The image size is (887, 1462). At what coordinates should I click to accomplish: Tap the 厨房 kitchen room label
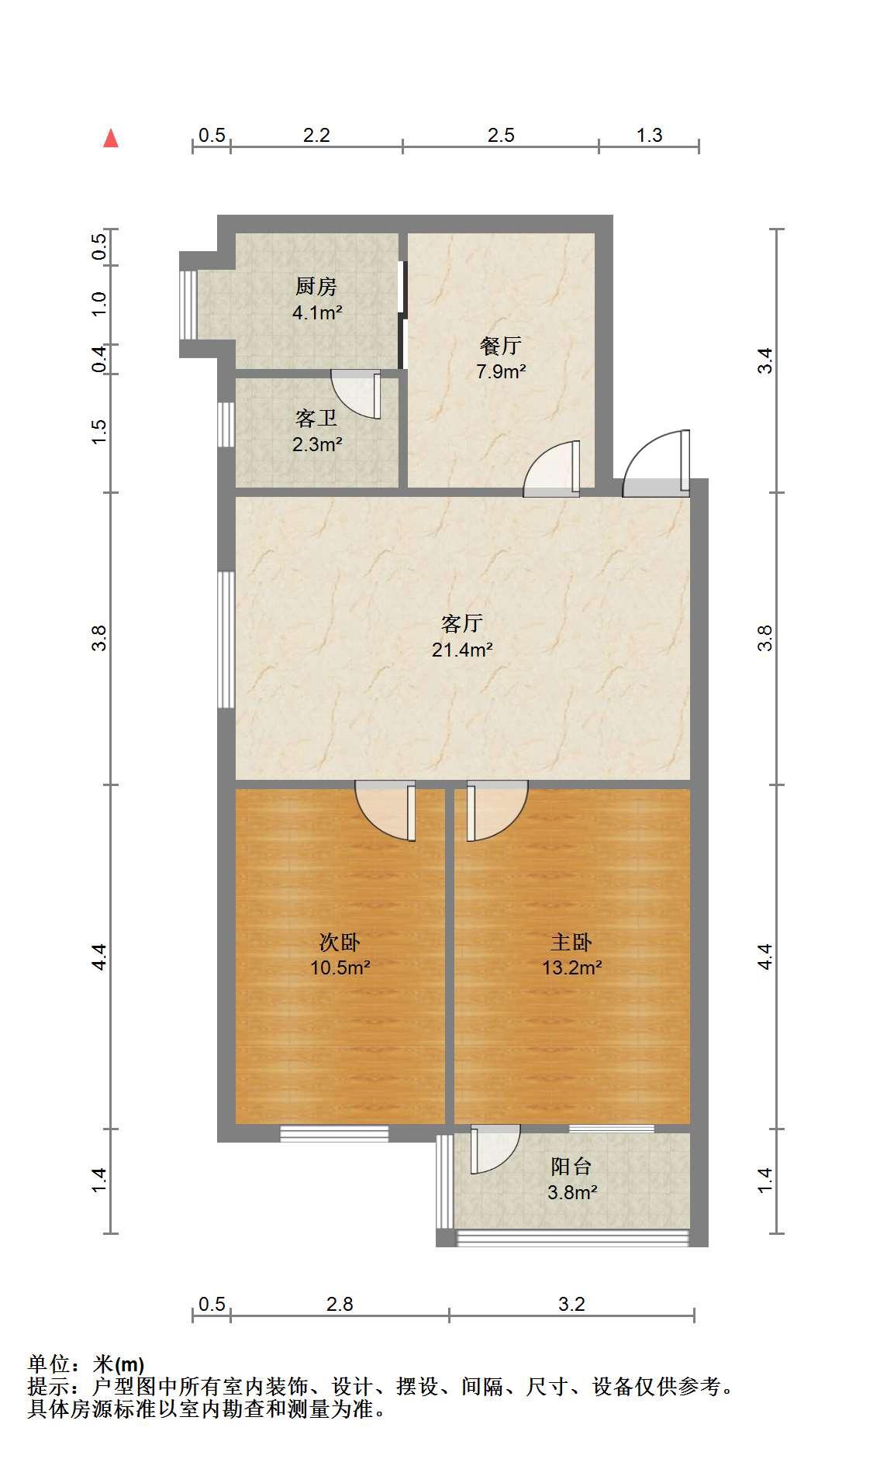(x=316, y=287)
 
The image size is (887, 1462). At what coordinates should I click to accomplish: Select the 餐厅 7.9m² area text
(x=501, y=371)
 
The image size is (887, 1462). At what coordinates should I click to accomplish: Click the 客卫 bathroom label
(x=316, y=419)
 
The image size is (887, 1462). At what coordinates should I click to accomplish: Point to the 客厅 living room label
(x=462, y=623)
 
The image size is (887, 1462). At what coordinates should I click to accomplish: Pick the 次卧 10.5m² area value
(x=340, y=968)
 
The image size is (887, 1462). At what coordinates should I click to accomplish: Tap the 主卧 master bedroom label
(x=571, y=942)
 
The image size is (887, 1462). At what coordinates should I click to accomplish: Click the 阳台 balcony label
(x=571, y=1167)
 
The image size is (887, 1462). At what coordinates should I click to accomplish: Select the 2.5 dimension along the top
(x=501, y=135)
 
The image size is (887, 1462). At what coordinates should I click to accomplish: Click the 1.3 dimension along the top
(x=649, y=135)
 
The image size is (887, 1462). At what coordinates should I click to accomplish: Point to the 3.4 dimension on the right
(x=765, y=360)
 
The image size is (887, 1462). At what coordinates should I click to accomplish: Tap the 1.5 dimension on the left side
(x=98, y=432)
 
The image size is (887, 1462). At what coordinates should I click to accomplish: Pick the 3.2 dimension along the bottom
(x=571, y=1304)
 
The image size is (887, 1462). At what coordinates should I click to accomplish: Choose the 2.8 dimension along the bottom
(x=340, y=1304)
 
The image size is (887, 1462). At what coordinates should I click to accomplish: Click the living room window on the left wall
(x=226, y=640)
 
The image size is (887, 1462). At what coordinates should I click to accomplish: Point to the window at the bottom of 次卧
(x=334, y=1133)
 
